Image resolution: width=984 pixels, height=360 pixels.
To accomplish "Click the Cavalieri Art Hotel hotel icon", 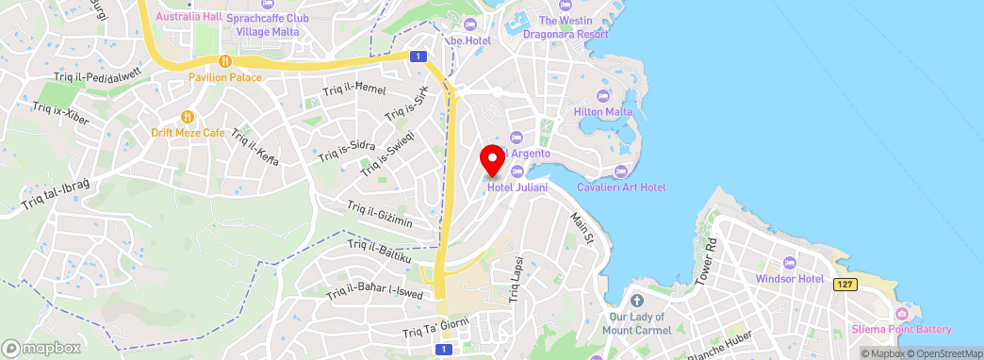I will pos(620,172).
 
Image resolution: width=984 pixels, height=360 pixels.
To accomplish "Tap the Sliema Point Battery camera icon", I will pos(902,313).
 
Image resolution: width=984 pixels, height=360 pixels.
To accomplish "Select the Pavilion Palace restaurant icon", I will pos(224,60).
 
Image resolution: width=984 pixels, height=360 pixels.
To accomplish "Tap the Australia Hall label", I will pos(188,17).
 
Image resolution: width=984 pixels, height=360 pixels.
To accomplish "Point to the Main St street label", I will pos(581,231).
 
